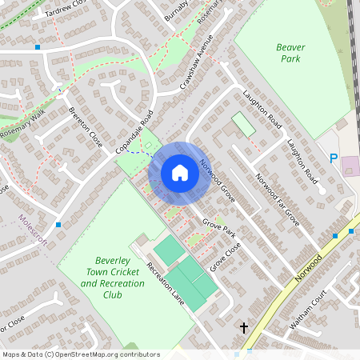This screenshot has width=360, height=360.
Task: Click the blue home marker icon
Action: pyautogui.click(x=180, y=172)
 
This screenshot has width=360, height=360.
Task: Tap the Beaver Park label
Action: pyautogui.click(x=290, y=53)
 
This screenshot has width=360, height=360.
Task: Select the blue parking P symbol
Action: pyautogui.click(x=334, y=158)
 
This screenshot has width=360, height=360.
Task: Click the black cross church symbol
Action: pyautogui.click(x=244, y=327)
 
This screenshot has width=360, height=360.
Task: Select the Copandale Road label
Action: pyautogui.click(x=134, y=132)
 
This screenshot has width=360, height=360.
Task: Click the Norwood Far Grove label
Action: pyautogui.click(x=277, y=199)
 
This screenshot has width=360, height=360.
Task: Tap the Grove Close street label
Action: pyautogui.click(x=226, y=256)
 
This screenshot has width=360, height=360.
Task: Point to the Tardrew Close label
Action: pyautogui.click(x=65, y=9)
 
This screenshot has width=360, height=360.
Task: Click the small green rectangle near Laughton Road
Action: pyautogui.click(x=243, y=124)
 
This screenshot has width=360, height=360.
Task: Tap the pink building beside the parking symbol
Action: pyautogui.click(x=350, y=167)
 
